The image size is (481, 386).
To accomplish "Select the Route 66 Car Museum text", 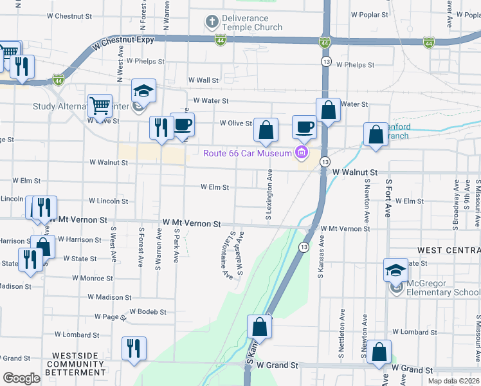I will (x=247, y=153).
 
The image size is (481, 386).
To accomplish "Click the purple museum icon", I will (x=300, y=152).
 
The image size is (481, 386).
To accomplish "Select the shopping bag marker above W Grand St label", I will (x=379, y=352).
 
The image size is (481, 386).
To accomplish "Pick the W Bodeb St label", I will (x=148, y=311).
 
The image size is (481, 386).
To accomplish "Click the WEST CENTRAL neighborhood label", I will (x=448, y=250).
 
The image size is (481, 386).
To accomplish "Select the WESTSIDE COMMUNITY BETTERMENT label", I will (x=78, y=363).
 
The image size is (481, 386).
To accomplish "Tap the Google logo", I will (x=22, y=378).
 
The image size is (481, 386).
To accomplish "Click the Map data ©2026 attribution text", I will (x=453, y=381).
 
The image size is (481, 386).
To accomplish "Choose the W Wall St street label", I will (x=203, y=80).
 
